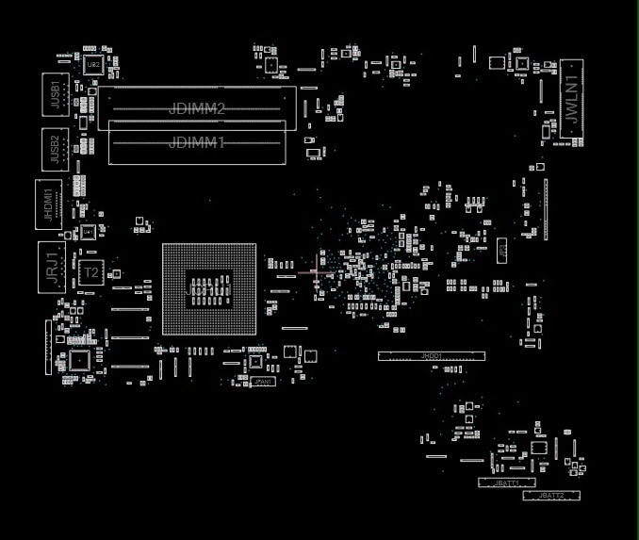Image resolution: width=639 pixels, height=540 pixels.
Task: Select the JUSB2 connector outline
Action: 56,149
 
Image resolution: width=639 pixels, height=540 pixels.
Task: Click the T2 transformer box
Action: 90,272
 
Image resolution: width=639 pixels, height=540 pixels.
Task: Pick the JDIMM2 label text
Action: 197,108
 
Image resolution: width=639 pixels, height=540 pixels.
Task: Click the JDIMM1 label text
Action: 197,142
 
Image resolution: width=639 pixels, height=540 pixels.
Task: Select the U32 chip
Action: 93,65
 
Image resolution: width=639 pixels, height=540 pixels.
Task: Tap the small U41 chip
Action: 89,231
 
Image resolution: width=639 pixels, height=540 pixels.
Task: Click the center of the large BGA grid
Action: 209,289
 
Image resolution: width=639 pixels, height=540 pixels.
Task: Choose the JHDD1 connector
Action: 432,356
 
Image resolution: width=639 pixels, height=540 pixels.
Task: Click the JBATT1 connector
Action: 507,483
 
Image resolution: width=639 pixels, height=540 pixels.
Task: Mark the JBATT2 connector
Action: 551,495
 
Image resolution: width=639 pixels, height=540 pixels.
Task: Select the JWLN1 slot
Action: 572,99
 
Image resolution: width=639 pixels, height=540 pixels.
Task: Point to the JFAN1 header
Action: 263,382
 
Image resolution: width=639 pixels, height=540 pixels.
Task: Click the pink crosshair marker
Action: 315,273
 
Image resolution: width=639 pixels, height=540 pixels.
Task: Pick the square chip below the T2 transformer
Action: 79,360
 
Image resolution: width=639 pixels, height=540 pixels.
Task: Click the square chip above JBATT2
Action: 538,448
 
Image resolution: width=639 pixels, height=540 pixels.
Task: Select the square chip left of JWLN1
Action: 523,62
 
